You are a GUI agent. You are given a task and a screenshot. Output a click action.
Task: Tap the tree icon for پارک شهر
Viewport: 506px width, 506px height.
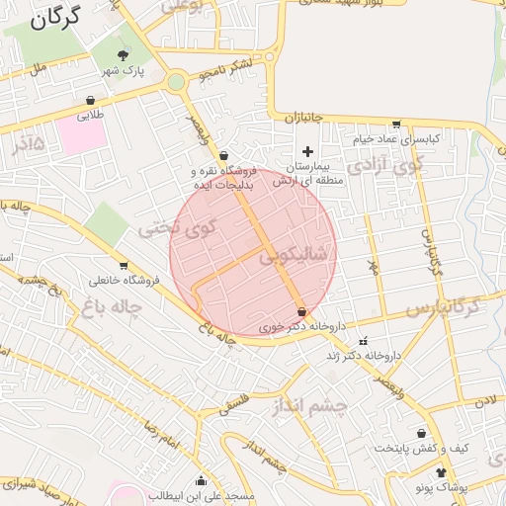[x=124, y=55]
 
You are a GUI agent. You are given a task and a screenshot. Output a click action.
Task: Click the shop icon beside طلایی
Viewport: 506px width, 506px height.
[x=91, y=100]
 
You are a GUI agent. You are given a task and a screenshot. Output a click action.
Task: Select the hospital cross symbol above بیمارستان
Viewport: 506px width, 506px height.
[x=307, y=151]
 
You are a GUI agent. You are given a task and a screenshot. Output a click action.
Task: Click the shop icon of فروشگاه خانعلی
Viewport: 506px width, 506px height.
[x=124, y=265]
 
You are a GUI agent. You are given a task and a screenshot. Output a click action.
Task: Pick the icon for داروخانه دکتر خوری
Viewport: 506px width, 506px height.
[x=301, y=312]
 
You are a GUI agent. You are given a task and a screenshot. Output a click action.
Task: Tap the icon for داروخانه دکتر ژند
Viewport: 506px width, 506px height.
[x=362, y=341]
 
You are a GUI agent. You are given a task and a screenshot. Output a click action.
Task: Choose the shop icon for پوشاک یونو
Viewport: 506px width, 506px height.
[x=441, y=473]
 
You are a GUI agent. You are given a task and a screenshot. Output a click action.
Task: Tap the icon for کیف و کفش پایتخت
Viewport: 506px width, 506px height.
[x=422, y=434]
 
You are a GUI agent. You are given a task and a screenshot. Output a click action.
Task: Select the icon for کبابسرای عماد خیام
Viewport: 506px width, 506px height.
[x=396, y=125]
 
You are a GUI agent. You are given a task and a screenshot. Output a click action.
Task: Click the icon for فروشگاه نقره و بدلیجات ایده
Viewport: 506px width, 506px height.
[x=225, y=155]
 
